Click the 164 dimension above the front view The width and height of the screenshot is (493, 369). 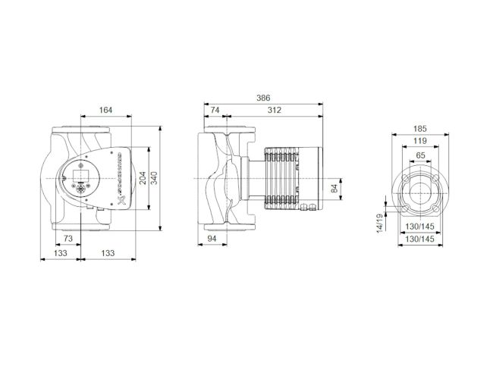point(105,111)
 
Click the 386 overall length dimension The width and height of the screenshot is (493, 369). point(263,99)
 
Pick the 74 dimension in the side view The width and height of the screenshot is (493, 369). point(215,111)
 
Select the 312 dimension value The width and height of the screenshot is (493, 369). point(274,111)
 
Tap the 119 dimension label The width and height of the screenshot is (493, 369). point(419,142)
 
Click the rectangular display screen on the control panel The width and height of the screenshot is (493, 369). point(80,170)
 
